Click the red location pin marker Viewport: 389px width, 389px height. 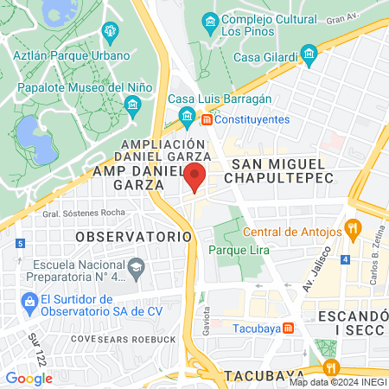pos(196,175)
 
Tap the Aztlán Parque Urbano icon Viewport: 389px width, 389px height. pos(110,33)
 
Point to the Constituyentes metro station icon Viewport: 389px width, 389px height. pos(207,118)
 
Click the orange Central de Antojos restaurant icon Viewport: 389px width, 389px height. pos(353,230)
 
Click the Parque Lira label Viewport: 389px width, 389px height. pos(239,250)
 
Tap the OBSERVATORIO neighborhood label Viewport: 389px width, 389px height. pos(133,235)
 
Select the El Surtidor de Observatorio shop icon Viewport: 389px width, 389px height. pos(26,303)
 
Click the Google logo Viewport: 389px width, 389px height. pos(29,378)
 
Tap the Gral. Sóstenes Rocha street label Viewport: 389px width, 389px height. pos(78,214)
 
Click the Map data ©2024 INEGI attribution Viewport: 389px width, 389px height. pos(337,381)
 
